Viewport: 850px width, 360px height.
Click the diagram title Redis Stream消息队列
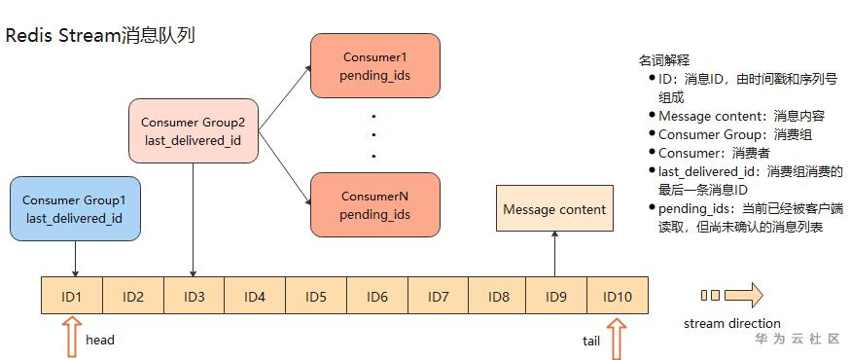(x=100, y=36)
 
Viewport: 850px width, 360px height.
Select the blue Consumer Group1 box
(x=74, y=208)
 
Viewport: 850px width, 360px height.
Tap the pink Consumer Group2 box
(x=194, y=130)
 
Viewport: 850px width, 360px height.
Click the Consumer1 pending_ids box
(x=374, y=66)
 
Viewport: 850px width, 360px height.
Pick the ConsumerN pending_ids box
(x=374, y=204)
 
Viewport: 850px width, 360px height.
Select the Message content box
(x=554, y=208)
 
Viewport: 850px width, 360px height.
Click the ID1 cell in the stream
(x=72, y=296)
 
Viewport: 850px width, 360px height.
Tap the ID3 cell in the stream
(x=194, y=296)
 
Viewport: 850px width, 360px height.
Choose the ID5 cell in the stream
(x=315, y=296)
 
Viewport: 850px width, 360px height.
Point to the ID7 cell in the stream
(x=438, y=296)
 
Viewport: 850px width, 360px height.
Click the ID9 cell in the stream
(x=556, y=296)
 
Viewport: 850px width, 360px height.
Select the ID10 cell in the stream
(x=618, y=296)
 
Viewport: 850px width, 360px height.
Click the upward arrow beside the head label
(x=72, y=340)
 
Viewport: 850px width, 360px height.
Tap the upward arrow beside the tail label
(x=616, y=340)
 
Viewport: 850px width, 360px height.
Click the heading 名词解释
(x=664, y=60)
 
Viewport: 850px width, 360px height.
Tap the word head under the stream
(x=100, y=341)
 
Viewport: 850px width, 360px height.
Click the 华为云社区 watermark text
(x=797, y=339)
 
